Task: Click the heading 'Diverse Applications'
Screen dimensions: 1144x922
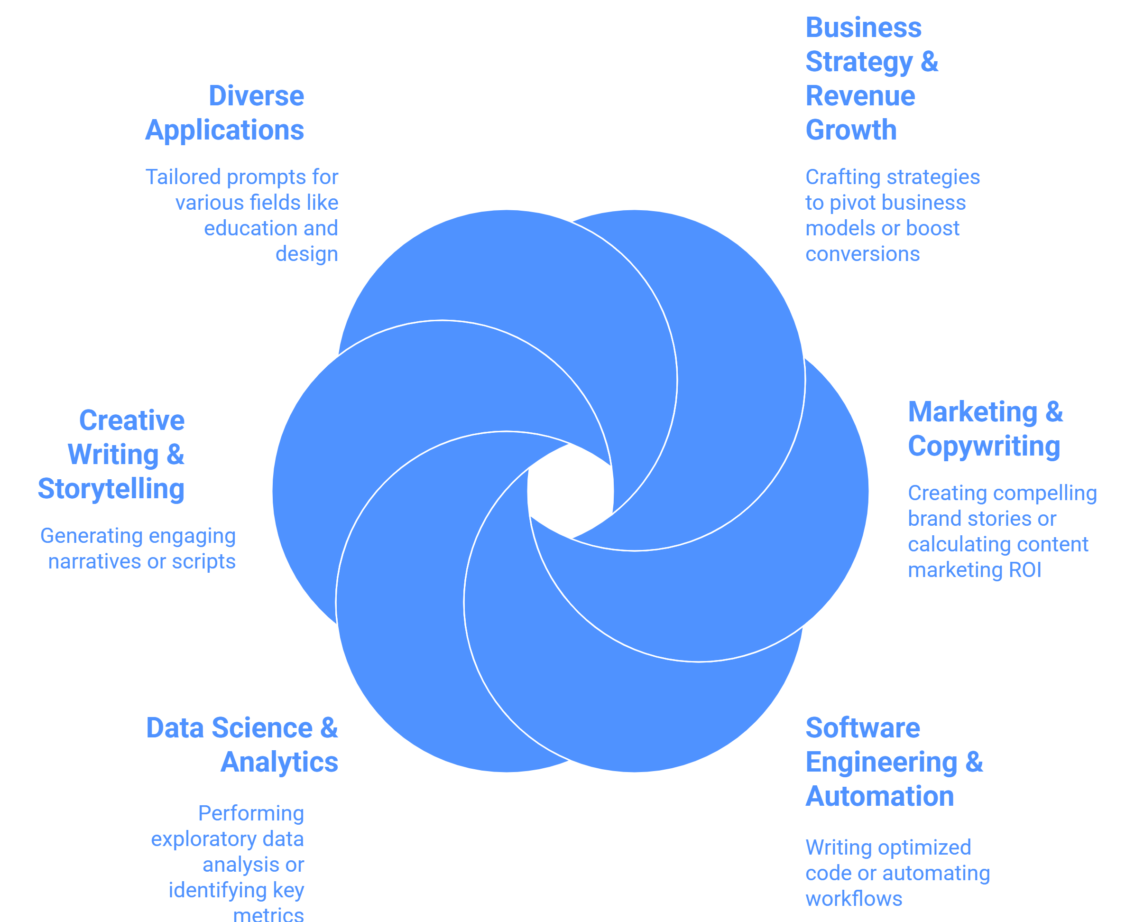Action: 224,113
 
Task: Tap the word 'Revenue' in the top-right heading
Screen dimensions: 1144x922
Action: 860,96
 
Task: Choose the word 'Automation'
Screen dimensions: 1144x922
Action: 880,796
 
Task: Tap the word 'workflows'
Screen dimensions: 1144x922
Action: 854,899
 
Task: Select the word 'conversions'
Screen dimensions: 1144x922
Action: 863,254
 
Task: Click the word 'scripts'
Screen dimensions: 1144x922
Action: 204,562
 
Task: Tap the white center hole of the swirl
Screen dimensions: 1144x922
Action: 571,491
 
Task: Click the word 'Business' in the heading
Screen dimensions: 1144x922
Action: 864,28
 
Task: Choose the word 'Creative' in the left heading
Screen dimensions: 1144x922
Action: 132,420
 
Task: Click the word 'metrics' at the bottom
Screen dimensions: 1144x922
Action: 268,914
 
